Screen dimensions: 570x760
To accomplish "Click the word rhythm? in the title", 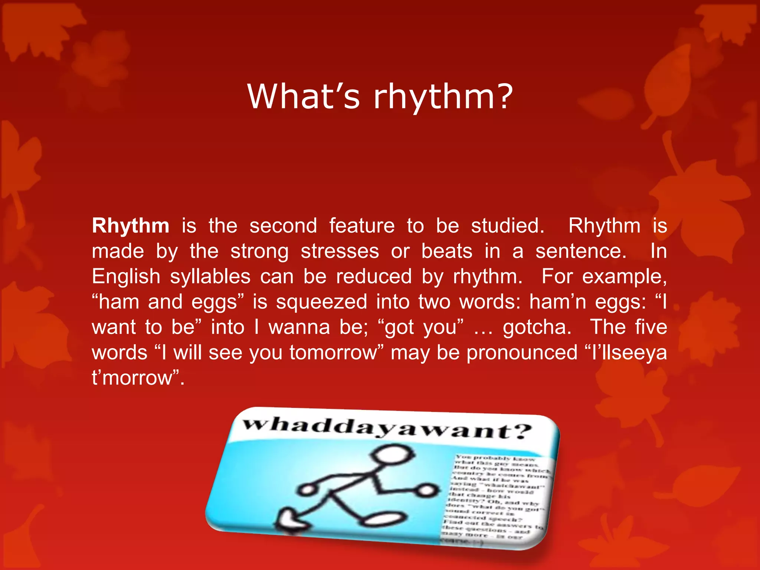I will click(x=443, y=97).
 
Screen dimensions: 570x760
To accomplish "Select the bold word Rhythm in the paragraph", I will click(x=131, y=226).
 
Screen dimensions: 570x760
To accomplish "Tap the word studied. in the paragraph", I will click(x=507, y=226).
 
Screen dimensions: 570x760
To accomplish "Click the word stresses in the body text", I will click(x=340, y=251).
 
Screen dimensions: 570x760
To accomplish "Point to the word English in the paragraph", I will click(x=126, y=277).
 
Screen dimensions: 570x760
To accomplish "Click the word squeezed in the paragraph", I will click(x=321, y=302).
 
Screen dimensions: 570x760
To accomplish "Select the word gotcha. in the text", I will click(x=537, y=327).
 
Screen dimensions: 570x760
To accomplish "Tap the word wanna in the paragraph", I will click(x=299, y=327).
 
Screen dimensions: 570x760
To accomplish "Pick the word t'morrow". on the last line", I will click(x=138, y=378).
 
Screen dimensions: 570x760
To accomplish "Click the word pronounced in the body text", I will click(x=522, y=353).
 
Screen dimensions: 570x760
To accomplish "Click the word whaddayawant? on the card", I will click(x=386, y=429).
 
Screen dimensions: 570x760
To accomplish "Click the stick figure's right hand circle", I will click(x=427, y=491).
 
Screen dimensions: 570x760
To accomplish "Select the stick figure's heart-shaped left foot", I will click(x=291, y=520).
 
